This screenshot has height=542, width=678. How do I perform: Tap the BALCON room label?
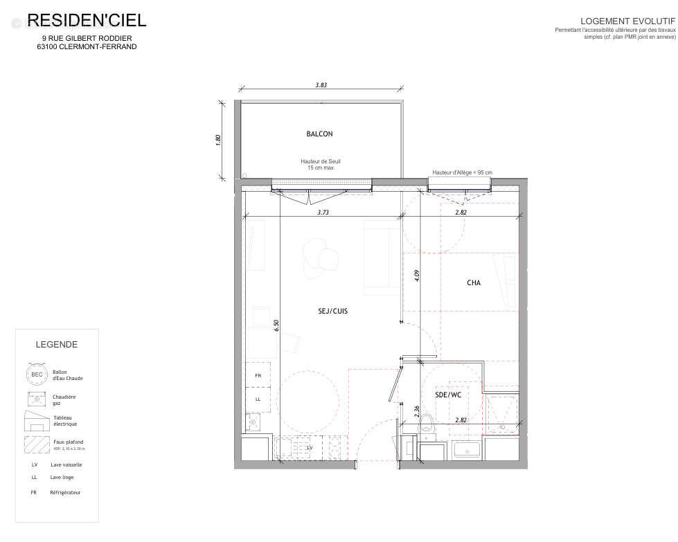[x=319, y=134]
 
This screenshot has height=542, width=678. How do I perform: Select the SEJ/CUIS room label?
[x=328, y=311]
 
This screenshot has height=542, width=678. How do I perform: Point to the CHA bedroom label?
[x=474, y=282]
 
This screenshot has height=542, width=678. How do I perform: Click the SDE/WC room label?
[x=447, y=395]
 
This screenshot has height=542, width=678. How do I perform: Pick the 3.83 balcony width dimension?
[x=321, y=84]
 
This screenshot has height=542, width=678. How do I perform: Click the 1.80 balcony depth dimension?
[x=218, y=138]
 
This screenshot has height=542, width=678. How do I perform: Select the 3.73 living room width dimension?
[x=323, y=213]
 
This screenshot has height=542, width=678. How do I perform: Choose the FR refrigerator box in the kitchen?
[x=258, y=376]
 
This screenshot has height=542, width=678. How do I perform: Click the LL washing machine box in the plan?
[x=258, y=399]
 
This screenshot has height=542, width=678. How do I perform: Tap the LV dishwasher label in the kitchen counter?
[x=310, y=448]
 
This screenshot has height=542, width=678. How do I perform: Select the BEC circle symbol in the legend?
[x=36, y=374]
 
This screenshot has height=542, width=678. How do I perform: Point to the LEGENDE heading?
[x=57, y=345]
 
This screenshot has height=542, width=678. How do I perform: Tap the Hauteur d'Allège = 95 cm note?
[x=462, y=172]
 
